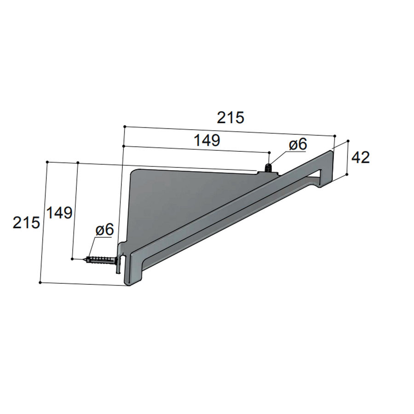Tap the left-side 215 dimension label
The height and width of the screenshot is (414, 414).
click(x=26, y=222)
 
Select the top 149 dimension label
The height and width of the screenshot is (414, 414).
click(x=207, y=140)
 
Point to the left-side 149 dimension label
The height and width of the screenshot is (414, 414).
click(x=59, y=213)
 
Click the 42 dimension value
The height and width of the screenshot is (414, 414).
click(x=360, y=158)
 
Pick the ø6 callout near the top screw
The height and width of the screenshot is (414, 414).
click(x=298, y=144)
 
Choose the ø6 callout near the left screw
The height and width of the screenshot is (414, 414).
click(x=104, y=230)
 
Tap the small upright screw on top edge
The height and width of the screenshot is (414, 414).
click(x=269, y=168)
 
